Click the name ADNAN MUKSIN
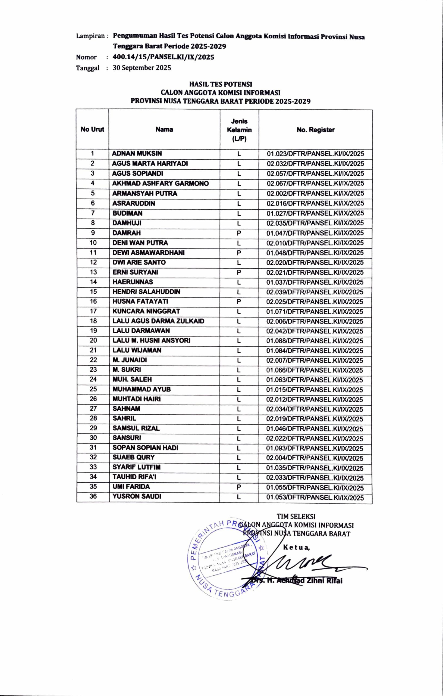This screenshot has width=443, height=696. click(137, 154)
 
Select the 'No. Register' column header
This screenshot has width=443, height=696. click(315, 130)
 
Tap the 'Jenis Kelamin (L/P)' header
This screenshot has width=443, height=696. click(239, 130)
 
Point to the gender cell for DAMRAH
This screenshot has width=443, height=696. click(239, 233)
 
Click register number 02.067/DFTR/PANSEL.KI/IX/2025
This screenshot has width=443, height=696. click(315, 184)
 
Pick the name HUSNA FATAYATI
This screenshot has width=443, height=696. click(140, 302)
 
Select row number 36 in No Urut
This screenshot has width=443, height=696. click(93, 496)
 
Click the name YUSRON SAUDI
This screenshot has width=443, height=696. click(137, 496)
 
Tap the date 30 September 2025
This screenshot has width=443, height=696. click(142, 68)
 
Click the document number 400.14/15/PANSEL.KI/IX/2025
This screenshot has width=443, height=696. click(164, 57)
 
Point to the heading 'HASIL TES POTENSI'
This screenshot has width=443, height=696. click(221, 84)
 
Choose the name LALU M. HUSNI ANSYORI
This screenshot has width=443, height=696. click(151, 340)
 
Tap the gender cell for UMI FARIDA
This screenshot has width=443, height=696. click(239, 487)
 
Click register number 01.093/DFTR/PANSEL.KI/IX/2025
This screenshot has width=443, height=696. click(315, 448)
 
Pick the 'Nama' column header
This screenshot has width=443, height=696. click(164, 129)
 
